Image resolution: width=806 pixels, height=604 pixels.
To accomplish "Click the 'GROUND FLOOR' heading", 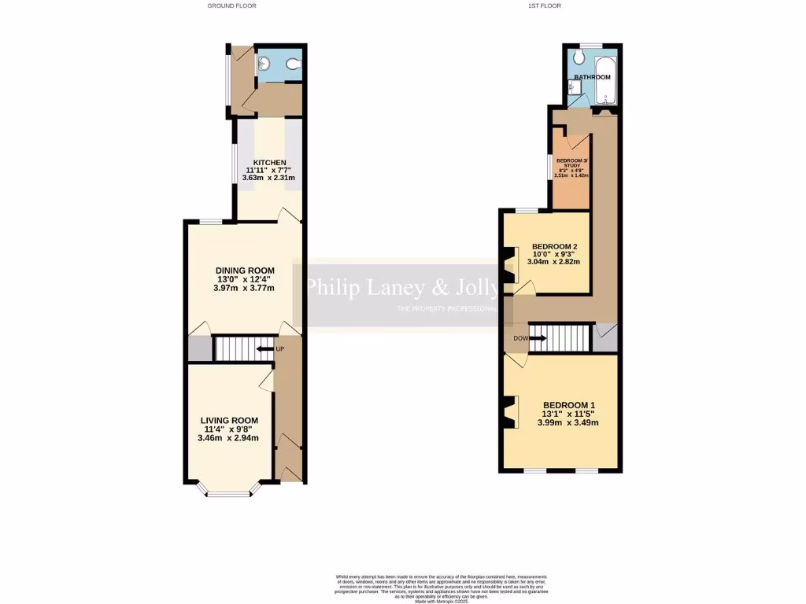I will pos(231,6).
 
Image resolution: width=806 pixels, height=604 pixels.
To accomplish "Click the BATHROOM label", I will pos(592,77).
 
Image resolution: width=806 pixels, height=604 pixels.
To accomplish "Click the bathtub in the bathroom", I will pos(606,82).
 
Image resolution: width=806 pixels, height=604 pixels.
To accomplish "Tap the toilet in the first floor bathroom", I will pos(579,59).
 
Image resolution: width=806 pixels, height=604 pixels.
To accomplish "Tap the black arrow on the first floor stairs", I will pos(538,339).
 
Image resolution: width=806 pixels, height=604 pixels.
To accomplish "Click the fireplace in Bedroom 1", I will pos(510,412).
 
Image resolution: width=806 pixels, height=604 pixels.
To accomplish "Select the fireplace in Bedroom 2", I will pos(510,264).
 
